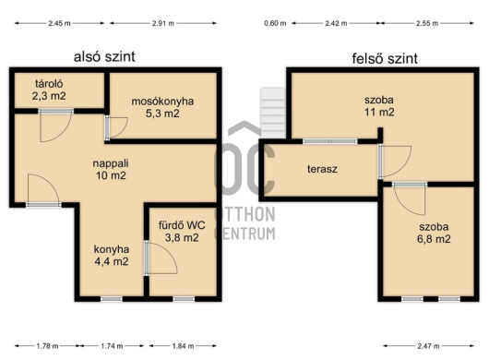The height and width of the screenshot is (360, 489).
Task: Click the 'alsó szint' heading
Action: coord(104,57)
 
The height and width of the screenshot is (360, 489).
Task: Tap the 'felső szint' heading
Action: coord(385,58)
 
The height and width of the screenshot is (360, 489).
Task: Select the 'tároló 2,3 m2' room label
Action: coord(49,90)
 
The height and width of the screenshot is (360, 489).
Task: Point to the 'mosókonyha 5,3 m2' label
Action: coord(162,107)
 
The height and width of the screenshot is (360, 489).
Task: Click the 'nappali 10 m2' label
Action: coord(111,169)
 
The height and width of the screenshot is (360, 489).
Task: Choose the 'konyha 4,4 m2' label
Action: coord(112,255)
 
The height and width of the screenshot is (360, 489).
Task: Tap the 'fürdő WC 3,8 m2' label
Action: coord(182,231)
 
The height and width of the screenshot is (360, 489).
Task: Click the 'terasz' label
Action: coord(322,169)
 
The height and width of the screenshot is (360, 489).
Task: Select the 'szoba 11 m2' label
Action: coord(379,106)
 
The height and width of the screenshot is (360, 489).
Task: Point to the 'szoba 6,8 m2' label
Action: coord(434,233)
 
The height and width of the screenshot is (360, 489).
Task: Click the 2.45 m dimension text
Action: coord(59,23)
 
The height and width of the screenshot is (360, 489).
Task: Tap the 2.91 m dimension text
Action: coord(163,23)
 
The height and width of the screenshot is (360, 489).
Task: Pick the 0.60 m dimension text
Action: coord(275,23)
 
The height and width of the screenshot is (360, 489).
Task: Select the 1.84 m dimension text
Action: coord(183,346)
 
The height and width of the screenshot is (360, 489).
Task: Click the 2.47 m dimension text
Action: coord(428,346)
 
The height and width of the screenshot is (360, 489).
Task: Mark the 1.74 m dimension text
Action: coord(112,346)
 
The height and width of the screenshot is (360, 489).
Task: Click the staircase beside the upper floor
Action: coord(273,113)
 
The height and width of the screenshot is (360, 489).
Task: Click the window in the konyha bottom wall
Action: coord(112,299)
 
